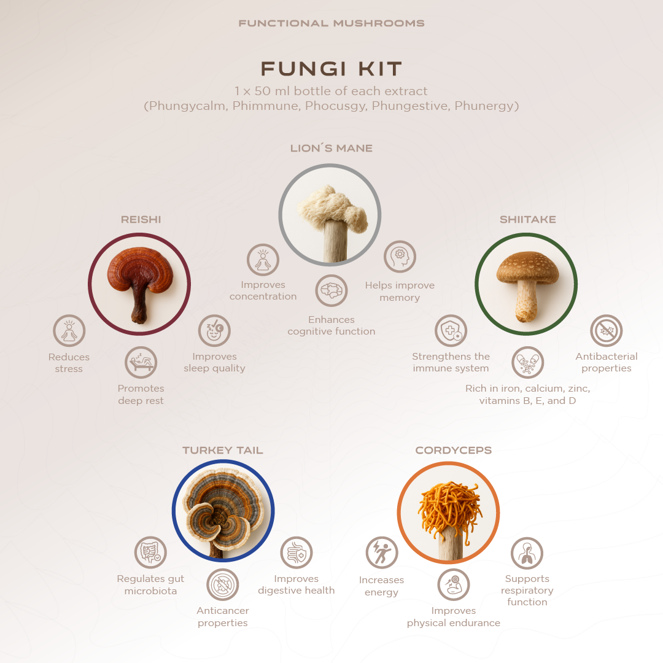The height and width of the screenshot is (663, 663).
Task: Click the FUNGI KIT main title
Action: [331, 69]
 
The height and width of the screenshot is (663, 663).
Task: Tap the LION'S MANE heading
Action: [331, 149]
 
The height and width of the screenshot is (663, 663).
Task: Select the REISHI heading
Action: [141, 219]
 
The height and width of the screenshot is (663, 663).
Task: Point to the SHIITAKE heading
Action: [528, 219]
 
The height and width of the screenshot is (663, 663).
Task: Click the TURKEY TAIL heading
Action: [223, 451]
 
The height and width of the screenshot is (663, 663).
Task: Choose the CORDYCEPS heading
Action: [454, 451]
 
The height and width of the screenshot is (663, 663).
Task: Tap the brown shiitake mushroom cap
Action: [528, 267]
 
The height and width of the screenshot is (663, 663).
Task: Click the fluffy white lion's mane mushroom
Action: [332, 208]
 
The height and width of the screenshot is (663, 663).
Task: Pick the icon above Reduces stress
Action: [69, 331]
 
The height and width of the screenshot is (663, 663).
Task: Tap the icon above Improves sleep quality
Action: [214, 331]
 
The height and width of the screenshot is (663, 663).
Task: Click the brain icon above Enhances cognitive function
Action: [331, 290]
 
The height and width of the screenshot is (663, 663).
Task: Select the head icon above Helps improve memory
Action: [400, 257]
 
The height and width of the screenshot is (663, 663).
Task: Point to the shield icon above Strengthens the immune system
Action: [451, 331]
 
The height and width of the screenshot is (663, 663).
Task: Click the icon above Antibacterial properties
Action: [607, 331]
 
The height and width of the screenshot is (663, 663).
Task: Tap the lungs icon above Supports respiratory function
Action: [527, 553]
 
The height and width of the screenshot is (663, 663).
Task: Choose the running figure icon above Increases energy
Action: [382, 552]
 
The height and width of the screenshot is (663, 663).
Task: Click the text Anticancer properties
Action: [223, 616]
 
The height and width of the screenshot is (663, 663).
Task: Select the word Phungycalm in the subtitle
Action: [187, 106]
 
